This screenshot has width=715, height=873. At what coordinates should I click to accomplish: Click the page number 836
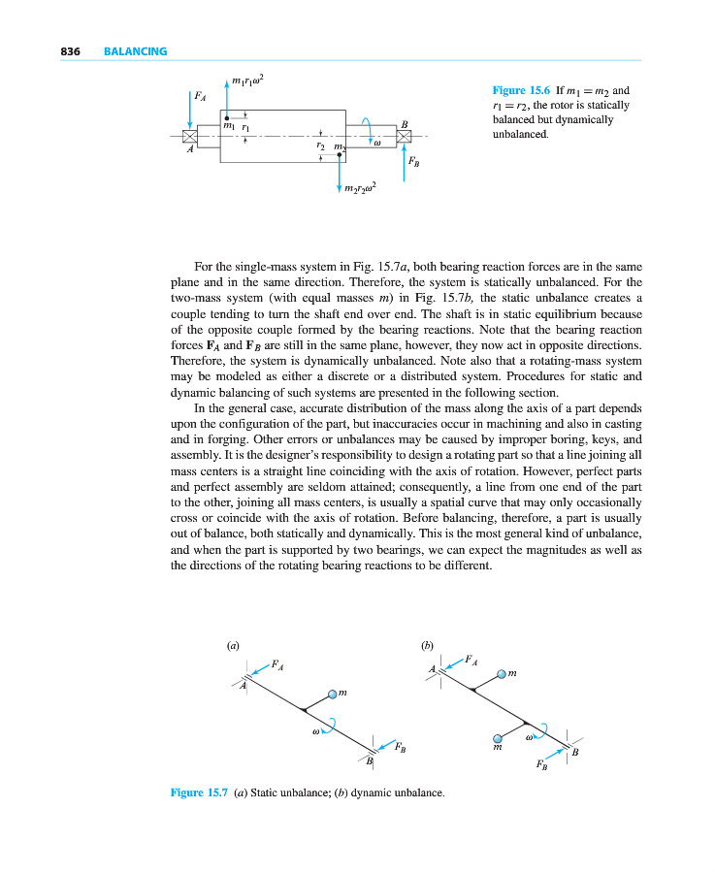point(69,51)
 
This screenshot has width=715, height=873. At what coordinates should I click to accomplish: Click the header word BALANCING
point(135,51)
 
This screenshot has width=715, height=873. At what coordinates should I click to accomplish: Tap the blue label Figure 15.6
point(522,90)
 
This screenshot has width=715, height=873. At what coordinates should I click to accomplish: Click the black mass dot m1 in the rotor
point(227,116)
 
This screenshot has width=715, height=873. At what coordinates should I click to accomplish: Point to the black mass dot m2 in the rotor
point(340,154)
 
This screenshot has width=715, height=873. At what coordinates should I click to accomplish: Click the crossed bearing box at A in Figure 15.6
point(190,136)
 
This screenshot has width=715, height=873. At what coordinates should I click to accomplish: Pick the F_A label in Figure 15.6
point(200,96)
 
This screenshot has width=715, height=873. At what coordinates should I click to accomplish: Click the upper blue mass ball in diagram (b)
point(502,673)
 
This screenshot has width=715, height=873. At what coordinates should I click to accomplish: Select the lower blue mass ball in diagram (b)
point(498,736)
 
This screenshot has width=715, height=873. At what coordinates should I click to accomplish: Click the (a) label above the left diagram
point(232,644)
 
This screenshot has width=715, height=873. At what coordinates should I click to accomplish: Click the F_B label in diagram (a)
point(400,748)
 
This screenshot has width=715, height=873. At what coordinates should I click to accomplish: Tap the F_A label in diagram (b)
point(471,659)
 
